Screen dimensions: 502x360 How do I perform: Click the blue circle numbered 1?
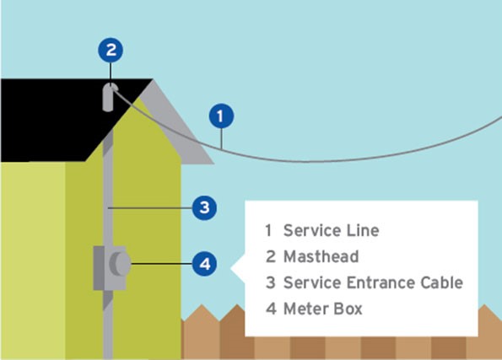[x=221, y=116]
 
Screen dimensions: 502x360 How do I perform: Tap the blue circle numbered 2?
[x=111, y=51]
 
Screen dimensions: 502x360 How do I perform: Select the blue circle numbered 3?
[x=204, y=208]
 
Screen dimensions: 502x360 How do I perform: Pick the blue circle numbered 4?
[x=204, y=264]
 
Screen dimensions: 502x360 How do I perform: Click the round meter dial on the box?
[x=120, y=264]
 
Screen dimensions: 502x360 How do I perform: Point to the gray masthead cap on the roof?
[x=109, y=97]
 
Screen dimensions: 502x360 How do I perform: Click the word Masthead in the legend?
[x=321, y=256]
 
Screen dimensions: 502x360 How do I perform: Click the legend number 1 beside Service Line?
[x=268, y=230]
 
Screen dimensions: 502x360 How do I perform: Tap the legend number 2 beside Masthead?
[x=271, y=256]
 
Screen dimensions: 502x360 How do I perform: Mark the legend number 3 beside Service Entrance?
[x=271, y=282]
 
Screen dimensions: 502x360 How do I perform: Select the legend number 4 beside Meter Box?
[x=271, y=309]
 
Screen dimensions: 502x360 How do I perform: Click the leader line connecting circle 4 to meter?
[x=162, y=264]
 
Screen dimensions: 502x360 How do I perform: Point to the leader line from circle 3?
[x=150, y=208]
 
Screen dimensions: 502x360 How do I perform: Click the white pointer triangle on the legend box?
[x=238, y=268]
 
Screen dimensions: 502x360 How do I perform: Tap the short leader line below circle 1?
[x=221, y=138]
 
